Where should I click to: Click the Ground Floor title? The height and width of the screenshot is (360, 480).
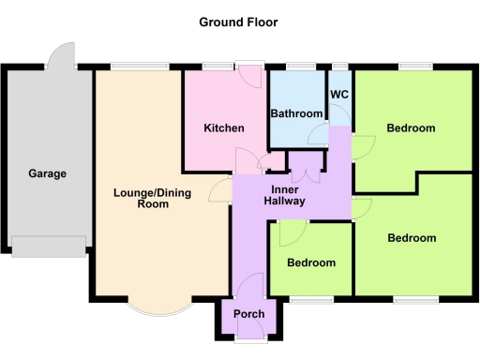click(x=238, y=22)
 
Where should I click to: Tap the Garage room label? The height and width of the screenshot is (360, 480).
click(x=47, y=173)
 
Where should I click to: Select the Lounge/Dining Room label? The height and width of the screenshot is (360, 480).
click(x=141, y=198)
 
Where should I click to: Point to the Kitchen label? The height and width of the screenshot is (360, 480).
click(x=224, y=128)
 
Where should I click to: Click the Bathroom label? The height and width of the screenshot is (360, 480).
click(x=296, y=114)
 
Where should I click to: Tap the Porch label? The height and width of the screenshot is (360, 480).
click(x=248, y=313)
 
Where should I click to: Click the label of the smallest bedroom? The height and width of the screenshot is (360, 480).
click(x=310, y=262)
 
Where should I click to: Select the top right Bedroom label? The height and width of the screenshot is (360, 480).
click(x=411, y=128)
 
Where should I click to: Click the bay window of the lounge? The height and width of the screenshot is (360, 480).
click(x=155, y=308)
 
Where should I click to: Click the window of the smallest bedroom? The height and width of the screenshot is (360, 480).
click(x=310, y=299)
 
